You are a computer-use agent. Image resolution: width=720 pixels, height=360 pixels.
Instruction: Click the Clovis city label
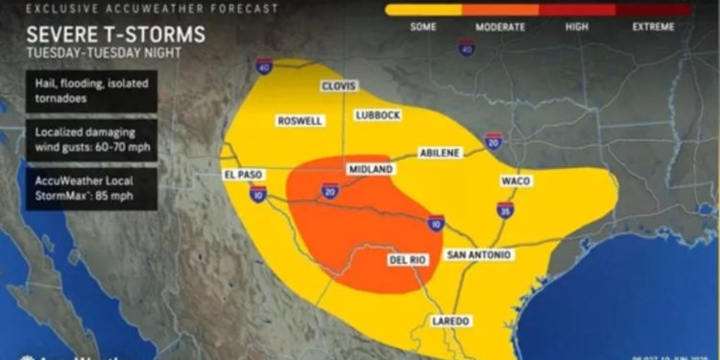pyautogui.click(x=338, y=84)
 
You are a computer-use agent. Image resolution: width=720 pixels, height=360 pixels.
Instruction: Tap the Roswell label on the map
pyautogui.click(x=299, y=121)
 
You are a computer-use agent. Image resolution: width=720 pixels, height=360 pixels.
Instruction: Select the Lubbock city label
pyautogui.click(x=377, y=115)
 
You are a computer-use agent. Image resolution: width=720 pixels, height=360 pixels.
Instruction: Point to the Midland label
pyautogui.click(x=371, y=169)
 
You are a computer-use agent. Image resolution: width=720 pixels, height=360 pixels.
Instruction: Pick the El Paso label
pyautogui.click(x=243, y=175)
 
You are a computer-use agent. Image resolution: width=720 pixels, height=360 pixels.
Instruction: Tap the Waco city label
pyautogui.click(x=516, y=180)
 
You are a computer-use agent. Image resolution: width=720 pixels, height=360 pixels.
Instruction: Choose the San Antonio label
pyautogui.click(x=479, y=254)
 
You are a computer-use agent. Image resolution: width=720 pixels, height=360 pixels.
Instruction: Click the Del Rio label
pyautogui.click(x=407, y=260)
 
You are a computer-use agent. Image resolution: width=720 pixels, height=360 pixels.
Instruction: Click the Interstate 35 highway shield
pyautogui.click(x=505, y=209)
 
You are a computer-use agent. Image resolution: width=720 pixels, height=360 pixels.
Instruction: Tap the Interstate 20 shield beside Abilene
pyautogui.click(x=493, y=143)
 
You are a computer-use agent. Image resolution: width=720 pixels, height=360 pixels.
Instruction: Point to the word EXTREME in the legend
pyautogui.click(x=653, y=27)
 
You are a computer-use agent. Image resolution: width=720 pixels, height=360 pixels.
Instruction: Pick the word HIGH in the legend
pyautogui.click(x=576, y=27)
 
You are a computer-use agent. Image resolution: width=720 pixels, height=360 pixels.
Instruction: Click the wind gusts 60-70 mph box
pyautogui.click(x=85, y=141)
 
